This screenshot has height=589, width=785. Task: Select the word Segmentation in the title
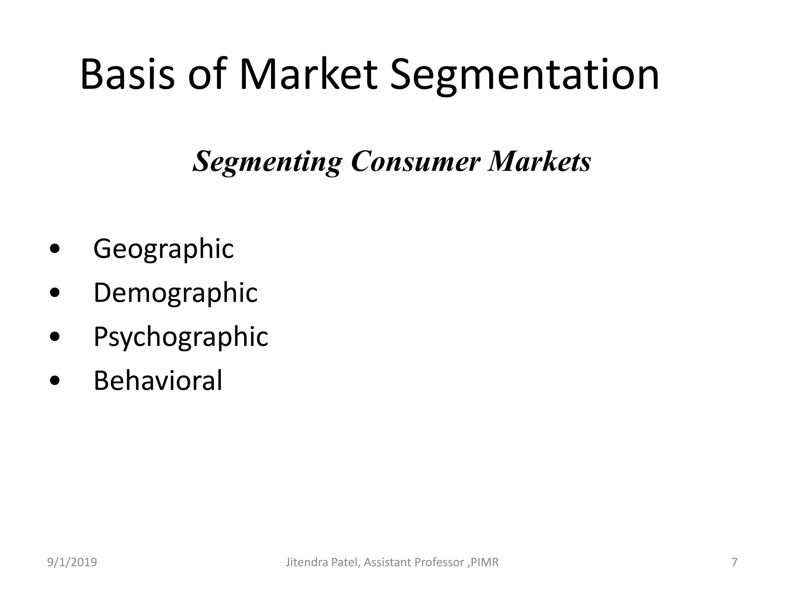pyautogui.click(x=524, y=76)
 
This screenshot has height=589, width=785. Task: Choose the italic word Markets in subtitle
pyautogui.click(x=539, y=161)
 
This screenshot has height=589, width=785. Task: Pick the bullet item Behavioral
pyautogui.click(x=158, y=381)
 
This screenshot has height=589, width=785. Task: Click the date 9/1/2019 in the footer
pyautogui.click(x=72, y=563)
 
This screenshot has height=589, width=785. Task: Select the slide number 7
pyautogui.click(x=734, y=563)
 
